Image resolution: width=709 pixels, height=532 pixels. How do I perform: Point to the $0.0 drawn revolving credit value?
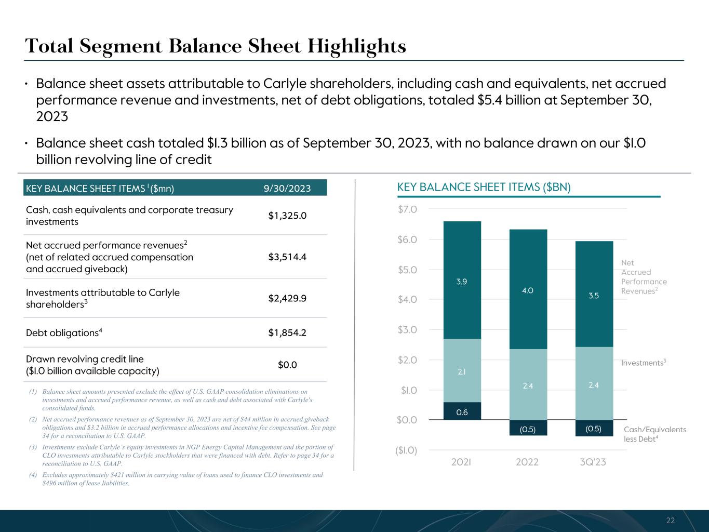pyautogui.click(x=287, y=365)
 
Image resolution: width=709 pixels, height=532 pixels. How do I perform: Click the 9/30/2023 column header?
pyautogui.click(x=287, y=188)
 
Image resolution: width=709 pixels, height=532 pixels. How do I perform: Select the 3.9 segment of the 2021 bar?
pyautogui.click(x=462, y=281)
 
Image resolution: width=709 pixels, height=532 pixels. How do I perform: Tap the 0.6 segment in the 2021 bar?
pyautogui.click(x=462, y=411)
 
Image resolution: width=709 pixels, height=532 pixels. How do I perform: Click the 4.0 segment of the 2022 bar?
pyautogui.click(x=528, y=290)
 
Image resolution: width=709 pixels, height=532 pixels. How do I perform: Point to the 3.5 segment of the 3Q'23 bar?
pyautogui.click(x=594, y=295)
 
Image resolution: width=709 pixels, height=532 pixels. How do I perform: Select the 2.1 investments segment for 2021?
pyautogui.click(x=462, y=371)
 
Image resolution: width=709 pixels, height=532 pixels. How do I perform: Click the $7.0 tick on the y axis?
pyautogui.click(x=407, y=209)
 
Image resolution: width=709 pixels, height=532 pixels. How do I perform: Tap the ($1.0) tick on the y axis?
pyautogui.click(x=406, y=450)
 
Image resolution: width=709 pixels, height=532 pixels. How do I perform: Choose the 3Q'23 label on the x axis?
pyautogui.click(x=593, y=462)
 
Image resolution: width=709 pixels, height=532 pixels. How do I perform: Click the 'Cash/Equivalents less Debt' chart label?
pyautogui.click(x=654, y=434)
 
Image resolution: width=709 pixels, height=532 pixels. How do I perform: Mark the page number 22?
pyautogui.click(x=671, y=521)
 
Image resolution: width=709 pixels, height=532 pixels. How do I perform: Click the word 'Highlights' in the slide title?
pyautogui.click(x=356, y=46)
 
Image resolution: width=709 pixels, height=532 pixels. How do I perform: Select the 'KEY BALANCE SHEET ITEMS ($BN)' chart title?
pyautogui.click(x=484, y=188)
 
